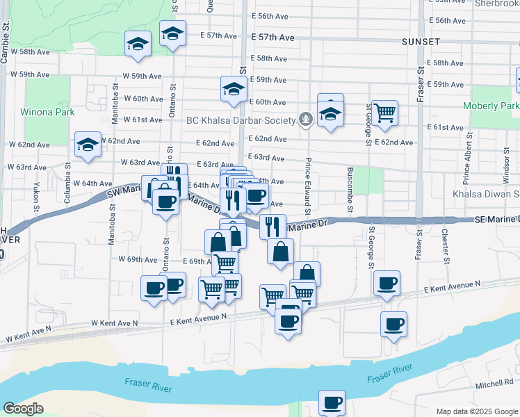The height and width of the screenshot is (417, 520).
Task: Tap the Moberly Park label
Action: click(x=494, y=106)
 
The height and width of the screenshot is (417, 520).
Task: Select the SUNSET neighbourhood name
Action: click(x=421, y=42)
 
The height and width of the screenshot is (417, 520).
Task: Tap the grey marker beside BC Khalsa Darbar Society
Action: click(x=304, y=120)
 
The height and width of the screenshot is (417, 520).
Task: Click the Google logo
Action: click(x=23, y=409)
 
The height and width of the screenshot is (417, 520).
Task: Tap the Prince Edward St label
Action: click(x=307, y=186)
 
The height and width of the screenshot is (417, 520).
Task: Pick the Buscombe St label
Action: click(x=350, y=190)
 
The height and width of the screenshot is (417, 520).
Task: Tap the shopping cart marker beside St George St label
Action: click(x=384, y=113)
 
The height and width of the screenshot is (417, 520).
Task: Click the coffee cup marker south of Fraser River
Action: click(x=332, y=402)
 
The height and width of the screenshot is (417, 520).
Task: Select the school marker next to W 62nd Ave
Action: click(x=88, y=145)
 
